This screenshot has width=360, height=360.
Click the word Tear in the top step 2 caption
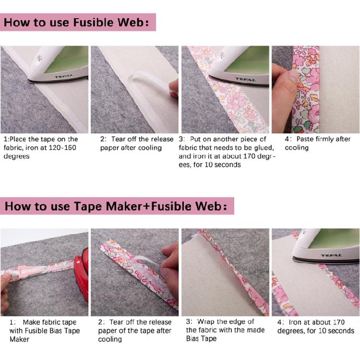118,139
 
